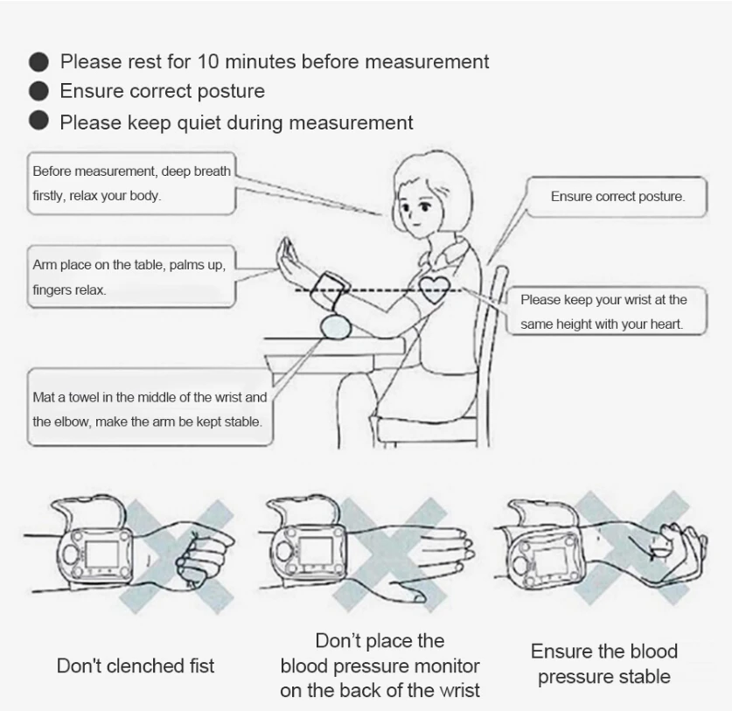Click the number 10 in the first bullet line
[x=208, y=61]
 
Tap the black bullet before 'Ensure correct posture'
[x=38, y=91]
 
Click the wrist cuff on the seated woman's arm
[x=328, y=289]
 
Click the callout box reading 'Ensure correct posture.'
[x=617, y=197]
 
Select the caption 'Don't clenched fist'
[x=136, y=666]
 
